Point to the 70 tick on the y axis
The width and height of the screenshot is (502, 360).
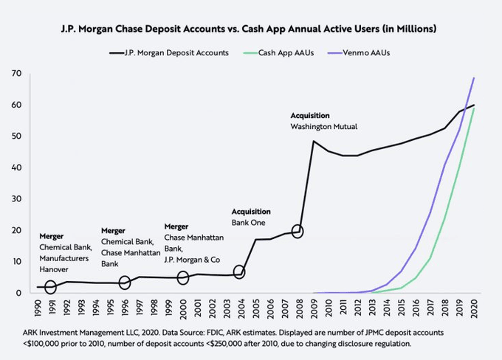pos(15,74)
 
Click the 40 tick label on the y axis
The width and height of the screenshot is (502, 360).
pos(15,167)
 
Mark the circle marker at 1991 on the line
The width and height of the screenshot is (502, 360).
pos(50,287)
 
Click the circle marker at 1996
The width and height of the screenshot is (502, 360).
pos(124,283)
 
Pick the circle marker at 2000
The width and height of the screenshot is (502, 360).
pos(182,278)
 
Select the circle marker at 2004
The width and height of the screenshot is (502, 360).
pos(240,272)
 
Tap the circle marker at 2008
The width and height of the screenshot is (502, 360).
pos(298,231)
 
